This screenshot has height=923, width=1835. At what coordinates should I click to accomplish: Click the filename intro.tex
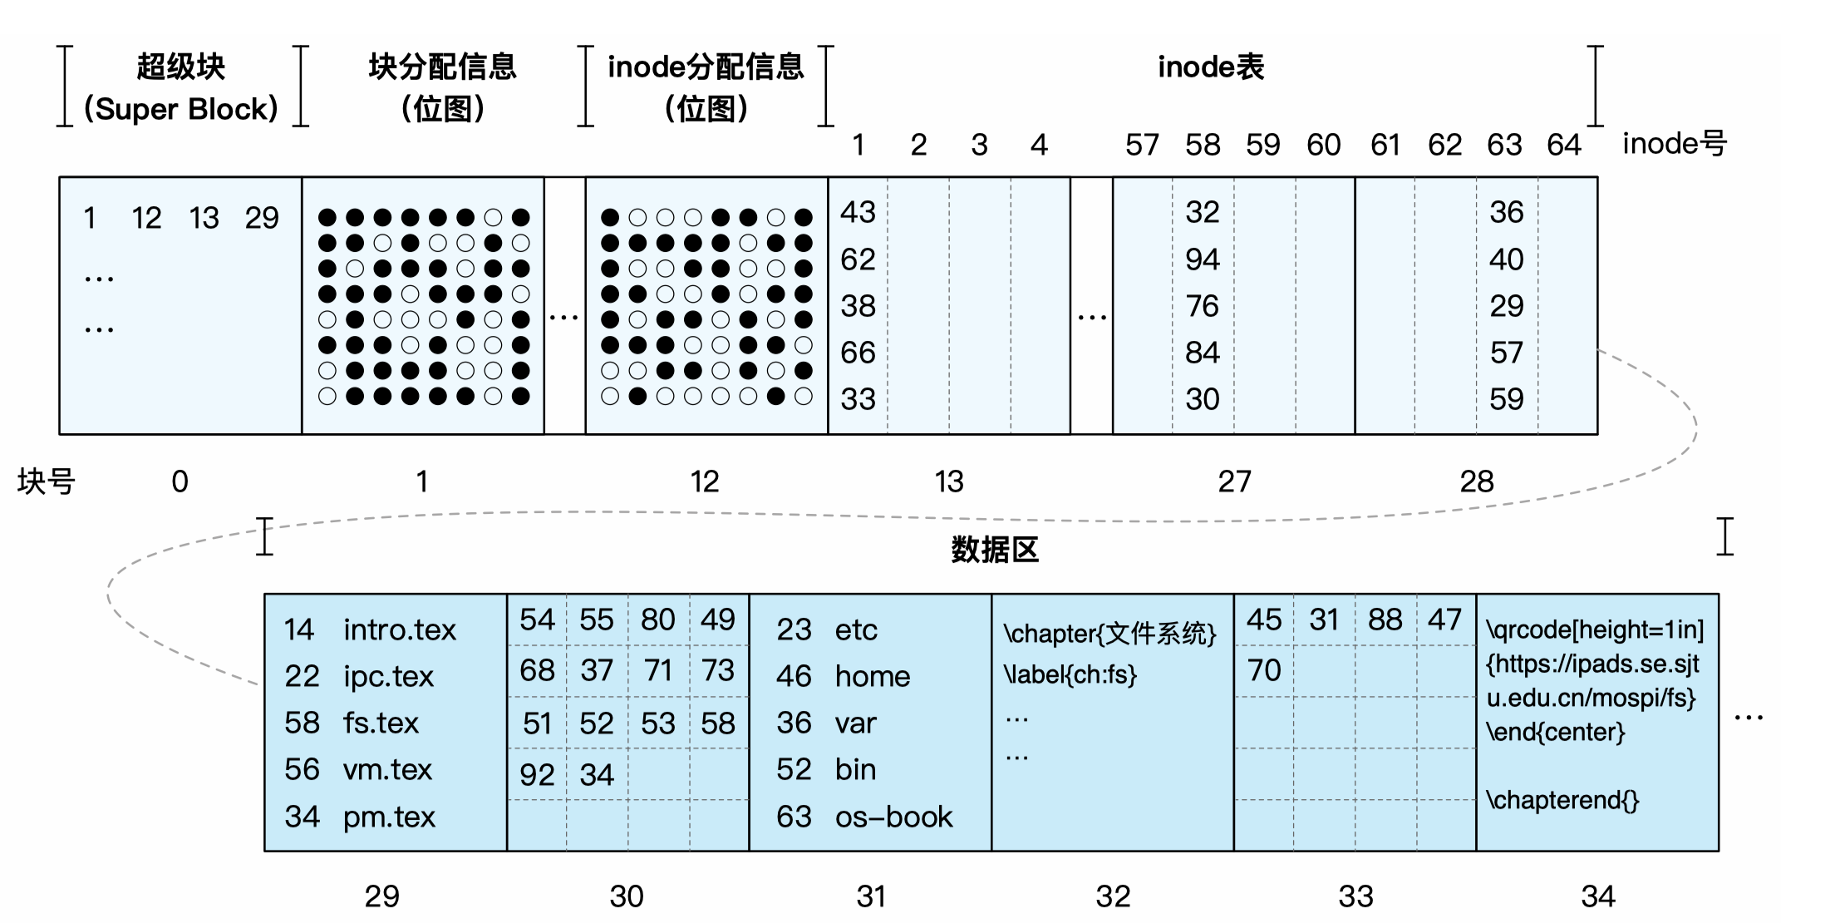pyautogui.click(x=399, y=630)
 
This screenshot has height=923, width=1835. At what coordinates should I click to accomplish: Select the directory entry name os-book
pyautogui.click(x=893, y=817)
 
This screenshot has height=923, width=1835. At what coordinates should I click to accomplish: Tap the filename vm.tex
pyautogui.click(x=387, y=770)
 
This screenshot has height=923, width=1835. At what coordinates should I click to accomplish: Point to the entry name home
pyautogui.click(x=872, y=677)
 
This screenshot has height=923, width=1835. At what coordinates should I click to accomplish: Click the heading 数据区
pyautogui.click(x=995, y=550)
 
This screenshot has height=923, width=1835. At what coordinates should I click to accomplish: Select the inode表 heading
pyautogui.click(x=1211, y=67)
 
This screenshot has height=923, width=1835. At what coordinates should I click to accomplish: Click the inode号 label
pyautogui.click(x=1675, y=144)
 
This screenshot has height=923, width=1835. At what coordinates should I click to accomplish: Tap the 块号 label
pyautogui.click(x=47, y=481)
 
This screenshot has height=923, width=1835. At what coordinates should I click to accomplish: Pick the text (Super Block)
pyautogui.click(x=181, y=109)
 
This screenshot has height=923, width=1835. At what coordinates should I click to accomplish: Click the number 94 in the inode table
pyautogui.click(x=1203, y=259)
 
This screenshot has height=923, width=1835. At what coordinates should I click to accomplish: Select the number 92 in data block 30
pyautogui.click(x=537, y=775)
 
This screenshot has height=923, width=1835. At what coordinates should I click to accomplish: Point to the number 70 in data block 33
pyautogui.click(x=1264, y=670)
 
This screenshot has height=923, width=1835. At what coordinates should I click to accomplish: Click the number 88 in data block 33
pyautogui.click(x=1385, y=620)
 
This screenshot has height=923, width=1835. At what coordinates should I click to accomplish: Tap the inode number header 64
pyautogui.click(x=1563, y=146)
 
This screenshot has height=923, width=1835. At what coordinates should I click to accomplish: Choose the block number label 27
pyautogui.click(x=1234, y=481)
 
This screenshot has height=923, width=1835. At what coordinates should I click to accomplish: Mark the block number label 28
pyautogui.click(x=1477, y=481)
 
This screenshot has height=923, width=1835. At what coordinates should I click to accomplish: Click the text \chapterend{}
pyautogui.click(x=1562, y=800)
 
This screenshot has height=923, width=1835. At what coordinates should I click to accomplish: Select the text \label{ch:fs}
pyautogui.click(x=1070, y=674)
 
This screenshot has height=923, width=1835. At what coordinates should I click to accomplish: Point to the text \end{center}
pyautogui.click(x=1555, y=732)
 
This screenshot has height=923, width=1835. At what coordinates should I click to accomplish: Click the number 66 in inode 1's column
pyautogui.click(x=858, y=353)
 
